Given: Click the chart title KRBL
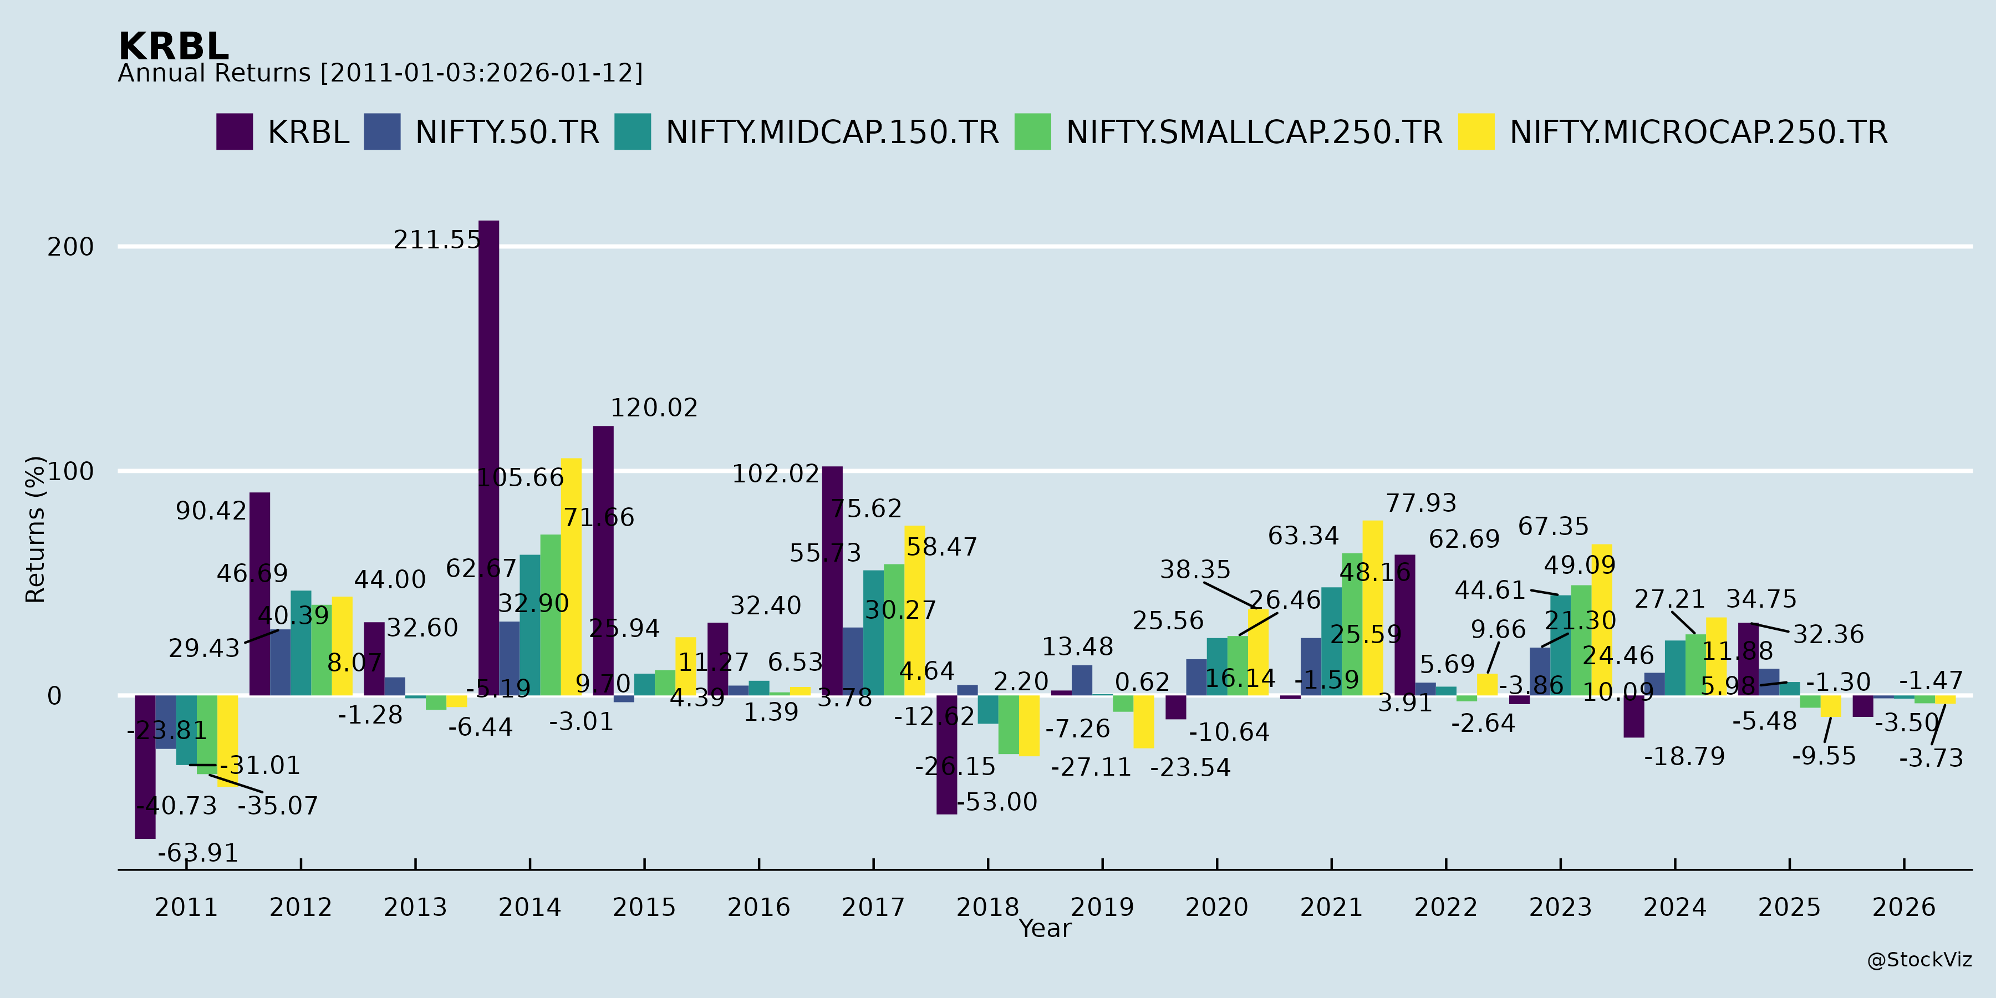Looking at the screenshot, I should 174,47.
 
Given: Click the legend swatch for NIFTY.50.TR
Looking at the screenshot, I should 382,132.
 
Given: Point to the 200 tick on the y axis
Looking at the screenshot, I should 70,247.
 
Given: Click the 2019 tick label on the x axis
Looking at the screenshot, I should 1102,907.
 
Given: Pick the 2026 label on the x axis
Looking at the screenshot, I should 1904,907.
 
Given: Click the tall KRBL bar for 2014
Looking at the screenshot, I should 489,457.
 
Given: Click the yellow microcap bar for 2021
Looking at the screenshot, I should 1372,608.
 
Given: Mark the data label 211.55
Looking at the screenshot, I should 437,240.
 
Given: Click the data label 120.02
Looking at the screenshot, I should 654,408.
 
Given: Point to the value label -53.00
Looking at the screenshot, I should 997,802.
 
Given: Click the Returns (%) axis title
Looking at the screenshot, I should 35,529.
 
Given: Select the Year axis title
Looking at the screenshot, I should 1045,928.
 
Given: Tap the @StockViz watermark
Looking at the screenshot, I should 1919,960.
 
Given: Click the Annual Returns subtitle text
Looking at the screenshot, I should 380,74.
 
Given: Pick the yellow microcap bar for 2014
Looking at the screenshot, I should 571,577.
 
